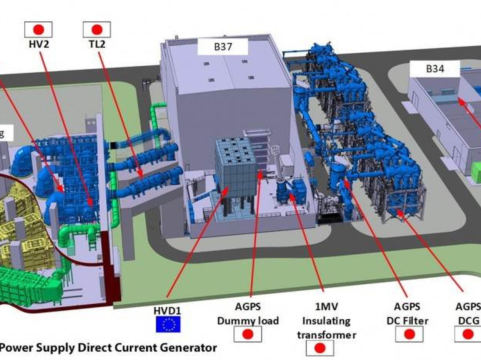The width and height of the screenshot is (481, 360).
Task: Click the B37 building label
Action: [x=223, y=47]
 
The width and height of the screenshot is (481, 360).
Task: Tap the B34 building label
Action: [x=435, y=69]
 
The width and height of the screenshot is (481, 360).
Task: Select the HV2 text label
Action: [x=39, y=44]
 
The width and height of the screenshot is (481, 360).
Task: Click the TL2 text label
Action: [x=97, y=44]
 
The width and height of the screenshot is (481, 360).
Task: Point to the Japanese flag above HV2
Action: [x=38, y=29]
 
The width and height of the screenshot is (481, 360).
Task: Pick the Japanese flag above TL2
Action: [x=97, y=29]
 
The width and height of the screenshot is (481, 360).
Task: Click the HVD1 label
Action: [x=167, y=311]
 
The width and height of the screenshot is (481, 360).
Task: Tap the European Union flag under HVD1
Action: [x=168, y=324]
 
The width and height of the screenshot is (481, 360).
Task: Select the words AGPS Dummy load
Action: [x=248, y=314]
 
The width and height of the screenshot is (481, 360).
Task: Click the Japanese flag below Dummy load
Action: [x=248, y=334]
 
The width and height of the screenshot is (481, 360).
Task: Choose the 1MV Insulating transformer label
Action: [x=327, y=321]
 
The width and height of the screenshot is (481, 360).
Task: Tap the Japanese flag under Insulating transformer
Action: [x=320, y=348]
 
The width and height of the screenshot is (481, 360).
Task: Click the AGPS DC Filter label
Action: [x=407, y=314]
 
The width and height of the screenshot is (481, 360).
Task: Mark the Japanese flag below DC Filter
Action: [x=409, y=334]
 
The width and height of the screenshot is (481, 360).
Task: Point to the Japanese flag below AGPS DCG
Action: [x=468, y=334]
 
